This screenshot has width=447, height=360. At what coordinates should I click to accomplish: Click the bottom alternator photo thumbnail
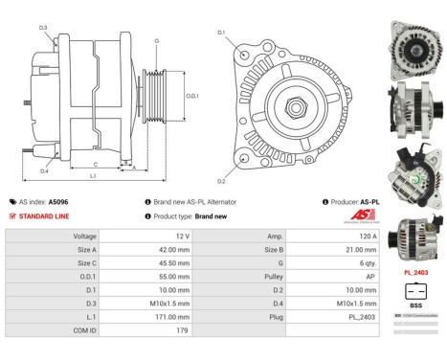tap(414, 240)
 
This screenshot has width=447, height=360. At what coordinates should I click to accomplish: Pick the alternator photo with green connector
tap(414, 174)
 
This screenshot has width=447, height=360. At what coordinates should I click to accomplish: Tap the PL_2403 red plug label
tap(415, 272)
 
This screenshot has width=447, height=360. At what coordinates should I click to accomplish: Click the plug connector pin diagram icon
tap(414, 291)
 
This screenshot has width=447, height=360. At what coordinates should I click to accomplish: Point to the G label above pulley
tap(156, 41)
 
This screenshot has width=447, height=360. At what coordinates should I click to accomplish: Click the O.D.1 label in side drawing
tap(191, 96)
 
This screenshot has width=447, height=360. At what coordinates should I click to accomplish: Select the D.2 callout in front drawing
tap(221, 180)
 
